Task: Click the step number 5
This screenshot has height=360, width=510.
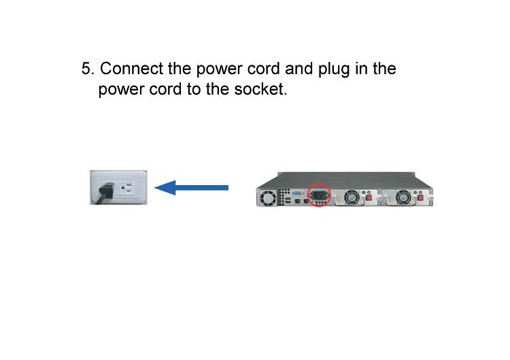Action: [x=87, y=69]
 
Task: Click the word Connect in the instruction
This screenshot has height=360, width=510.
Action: [x=131, y=69]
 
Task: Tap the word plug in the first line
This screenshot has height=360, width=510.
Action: [x=333, y=70]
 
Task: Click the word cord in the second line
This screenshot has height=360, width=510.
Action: [x=165, y=89]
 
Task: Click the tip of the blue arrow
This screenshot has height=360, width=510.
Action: [x=154, y=188]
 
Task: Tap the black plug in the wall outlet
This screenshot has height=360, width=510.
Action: [x=106, y=191]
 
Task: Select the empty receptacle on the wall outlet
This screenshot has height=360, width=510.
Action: [x=127, y=188]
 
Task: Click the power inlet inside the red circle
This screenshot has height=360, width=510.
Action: [x=318, y=195]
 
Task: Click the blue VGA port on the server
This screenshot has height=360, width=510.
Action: [x=297, y=193]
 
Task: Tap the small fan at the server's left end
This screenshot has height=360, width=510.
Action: [x=268, y=198]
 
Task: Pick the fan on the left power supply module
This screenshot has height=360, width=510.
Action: [x=352, y=197]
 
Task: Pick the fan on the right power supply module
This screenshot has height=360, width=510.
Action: [x=403, y=197]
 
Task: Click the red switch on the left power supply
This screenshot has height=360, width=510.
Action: [x=369, y=198]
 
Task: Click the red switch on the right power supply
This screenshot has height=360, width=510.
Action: [x=420, y=198]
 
